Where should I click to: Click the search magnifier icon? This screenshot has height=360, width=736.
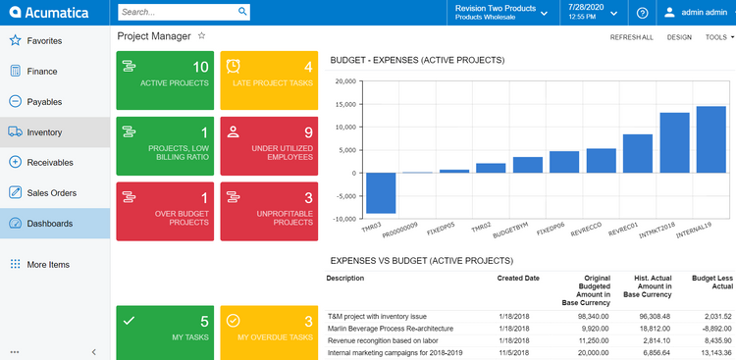click(x=242, y=13)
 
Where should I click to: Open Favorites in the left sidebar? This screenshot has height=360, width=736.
click(x=44, y=41)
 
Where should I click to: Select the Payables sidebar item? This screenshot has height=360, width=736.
click(x=44, y=102)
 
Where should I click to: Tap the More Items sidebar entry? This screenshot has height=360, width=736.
click(x=48, y=265)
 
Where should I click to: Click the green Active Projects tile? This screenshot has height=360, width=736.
click(x=165, y=80)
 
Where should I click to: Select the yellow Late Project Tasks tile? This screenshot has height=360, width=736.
click(x=269, y=80)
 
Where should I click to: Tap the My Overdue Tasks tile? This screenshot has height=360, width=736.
click(x=269, y=332)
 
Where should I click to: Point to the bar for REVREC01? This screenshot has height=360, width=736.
click(x=638, y=153)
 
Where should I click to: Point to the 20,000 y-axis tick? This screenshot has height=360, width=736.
click(x=344, y=81)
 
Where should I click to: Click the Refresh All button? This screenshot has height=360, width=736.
click(x=631, y=36)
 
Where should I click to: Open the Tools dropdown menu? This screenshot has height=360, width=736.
click(x=718, y=36)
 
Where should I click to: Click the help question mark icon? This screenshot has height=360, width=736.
click(x=642, y=13)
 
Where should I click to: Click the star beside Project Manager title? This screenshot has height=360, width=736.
click(x=202, y=35)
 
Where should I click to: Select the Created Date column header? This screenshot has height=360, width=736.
click(x=518, y=279)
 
